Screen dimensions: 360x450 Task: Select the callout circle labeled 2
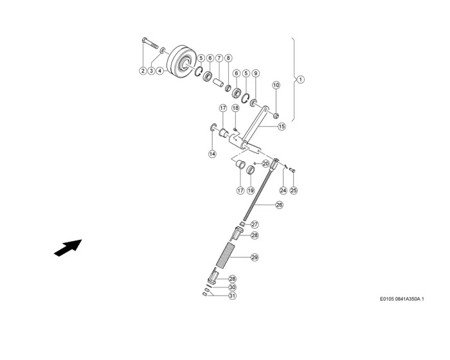click(143, 71)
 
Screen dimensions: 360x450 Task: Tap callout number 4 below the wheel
click(159, 71)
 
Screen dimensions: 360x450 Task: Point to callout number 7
click(219, 57)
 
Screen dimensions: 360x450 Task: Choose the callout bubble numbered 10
click(276, 85)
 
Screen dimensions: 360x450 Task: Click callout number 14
click(212, 154)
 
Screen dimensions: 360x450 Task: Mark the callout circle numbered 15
click(282, 127)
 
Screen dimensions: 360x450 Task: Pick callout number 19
click(251, 190)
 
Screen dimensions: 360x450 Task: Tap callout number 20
click(265, 164)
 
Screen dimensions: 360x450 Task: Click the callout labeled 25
click(294, 190)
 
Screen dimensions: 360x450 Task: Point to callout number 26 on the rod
click(279, 205)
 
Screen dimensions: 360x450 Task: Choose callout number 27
click(255, 224)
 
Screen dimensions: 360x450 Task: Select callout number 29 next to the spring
click(255, 257)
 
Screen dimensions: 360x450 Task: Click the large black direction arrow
click(67, 248)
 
